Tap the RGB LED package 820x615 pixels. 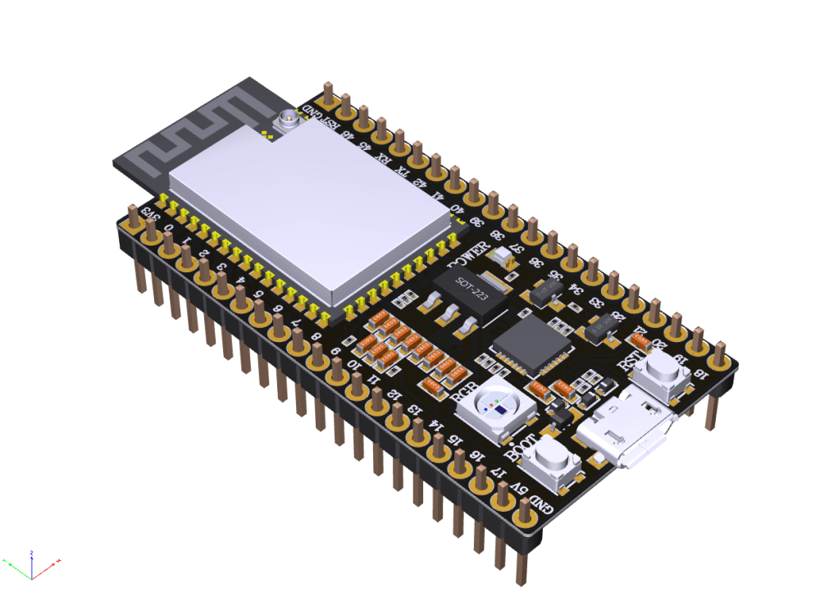click(x=497, y=407)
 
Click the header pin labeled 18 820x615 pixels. click(x=719, y=355)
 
